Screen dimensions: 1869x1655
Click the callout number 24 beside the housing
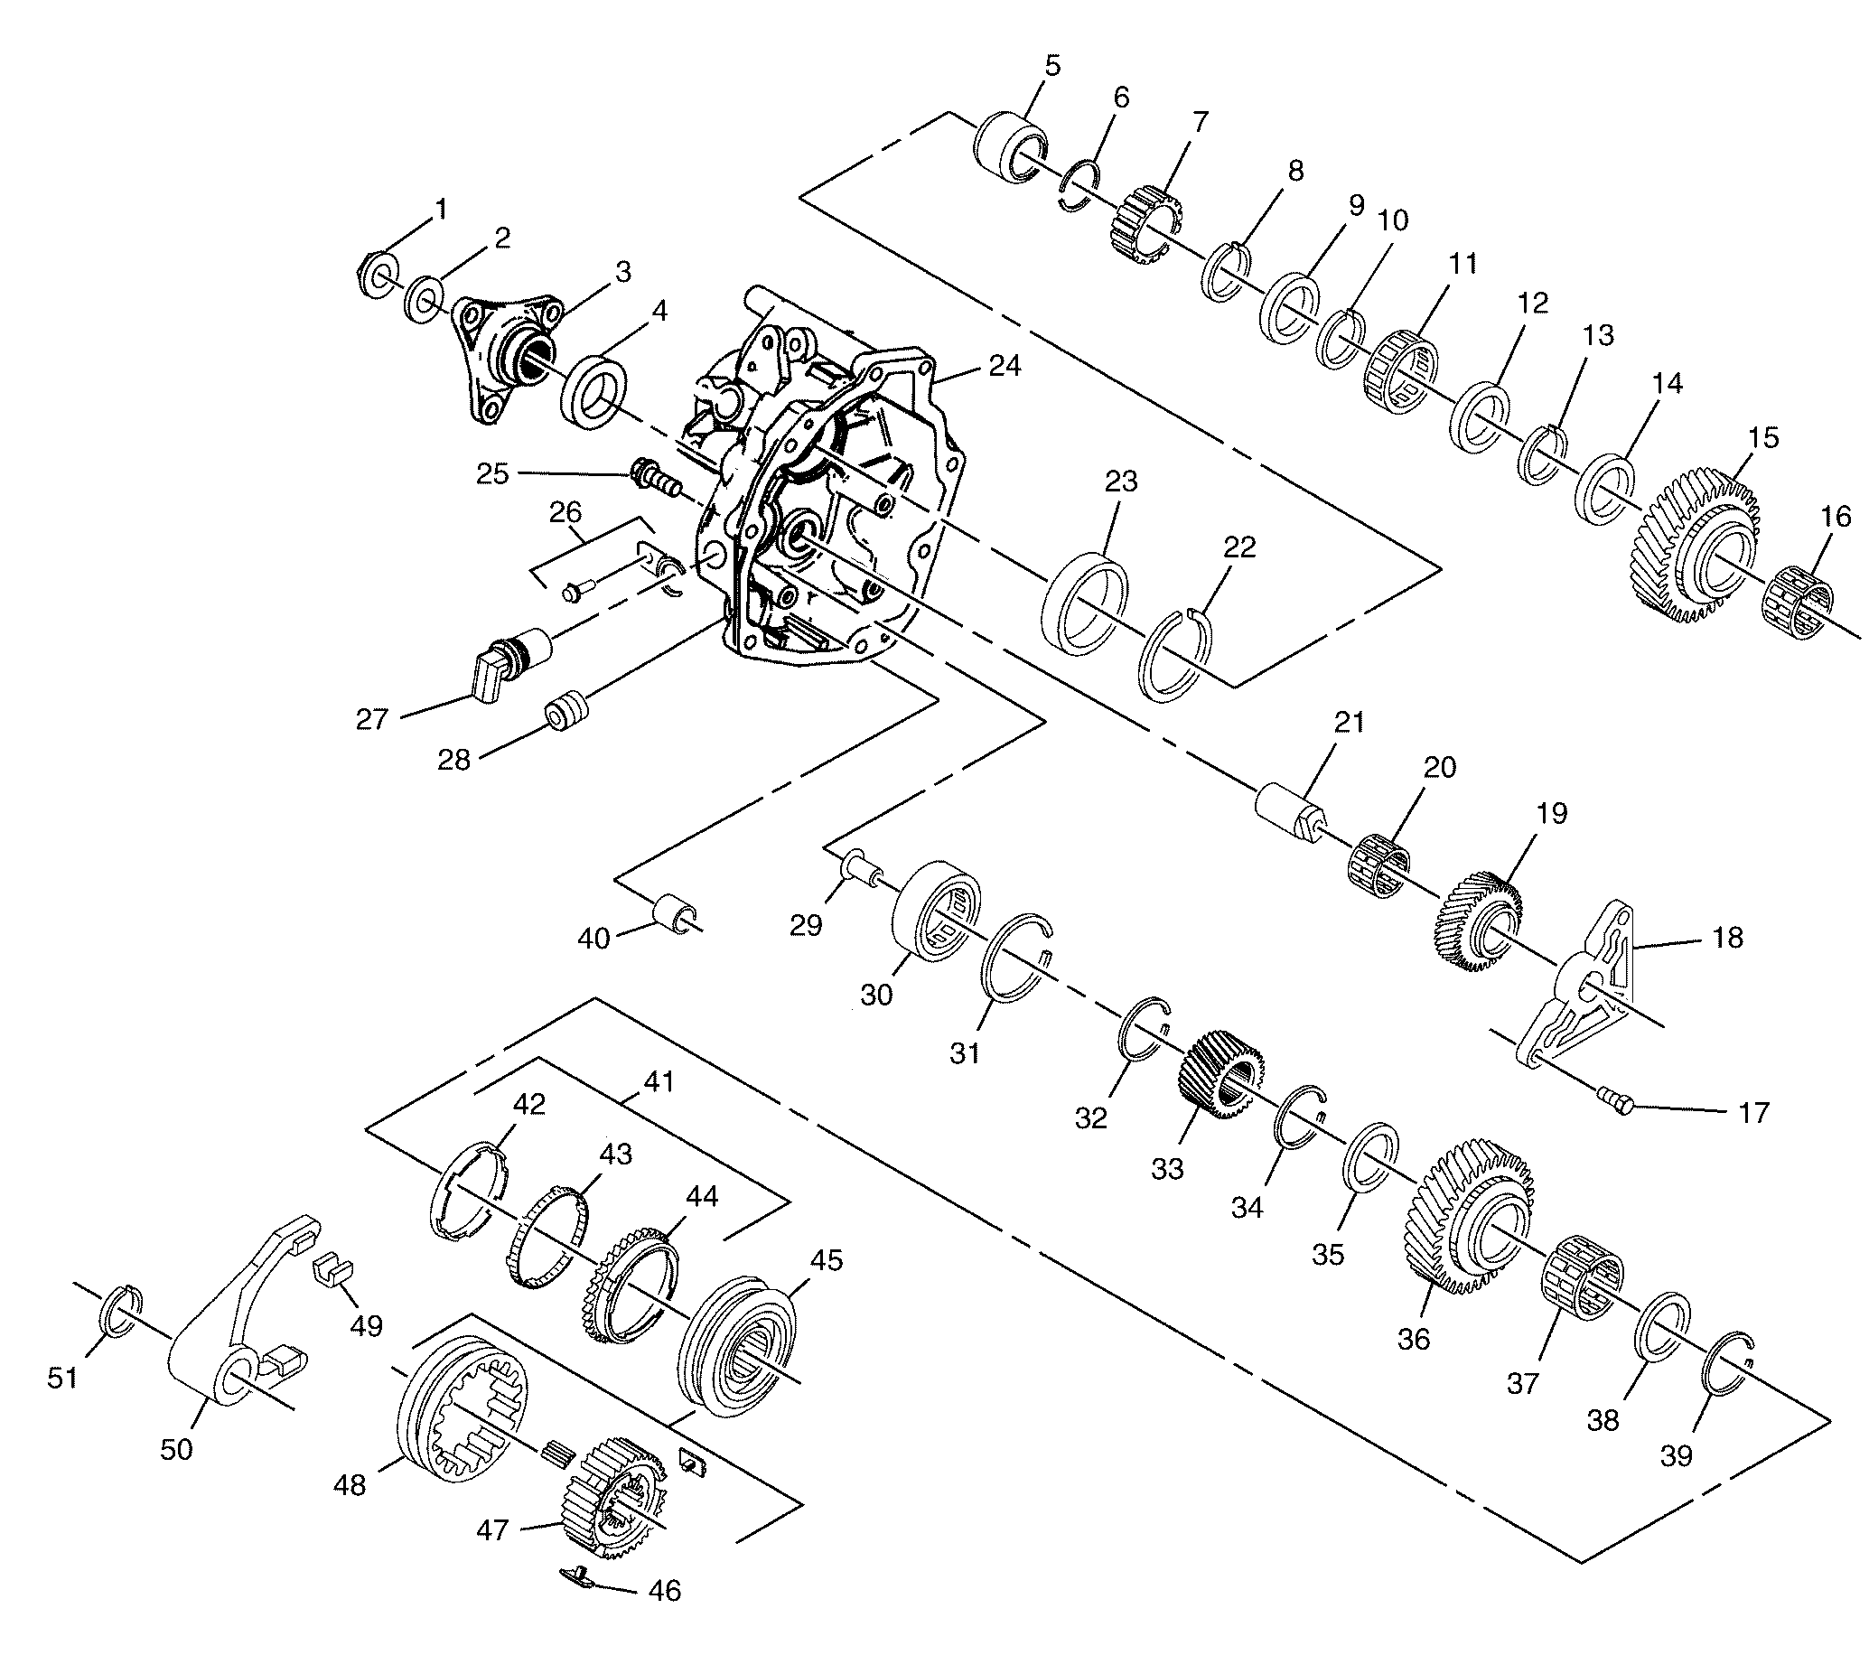(1004, 366)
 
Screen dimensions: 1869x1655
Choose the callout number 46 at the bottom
(664, 1615)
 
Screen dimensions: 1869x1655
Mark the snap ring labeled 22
(1180, 655)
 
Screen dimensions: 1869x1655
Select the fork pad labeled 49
(333, 1270)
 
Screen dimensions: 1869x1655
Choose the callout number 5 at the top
(1052, 66)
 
